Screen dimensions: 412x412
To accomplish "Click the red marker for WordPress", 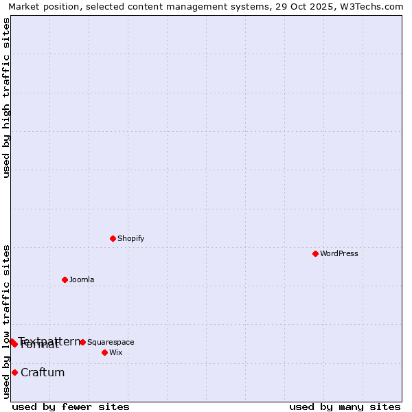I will (x=315, y=253).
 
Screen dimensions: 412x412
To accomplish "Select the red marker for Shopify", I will (x=113, y=238).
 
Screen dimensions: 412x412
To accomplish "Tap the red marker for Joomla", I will (x=65, y=279).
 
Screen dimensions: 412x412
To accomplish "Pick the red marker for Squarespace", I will (x=82, y=342).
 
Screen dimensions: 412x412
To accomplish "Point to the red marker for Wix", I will (x=104, y=352).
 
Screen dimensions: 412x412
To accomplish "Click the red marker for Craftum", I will (x=14, y=372).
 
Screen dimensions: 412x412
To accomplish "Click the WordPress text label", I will (x=339, y=253).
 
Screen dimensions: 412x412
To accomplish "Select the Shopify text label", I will (x=130, y=238).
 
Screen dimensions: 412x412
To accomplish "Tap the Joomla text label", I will (x=82, y=279).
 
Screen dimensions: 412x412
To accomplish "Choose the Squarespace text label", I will (x=111, y=342).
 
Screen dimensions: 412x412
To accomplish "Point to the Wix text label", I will (x=115, y=352).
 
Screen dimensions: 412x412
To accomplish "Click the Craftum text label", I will (x=43, y=372).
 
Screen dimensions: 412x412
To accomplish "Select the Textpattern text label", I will (x=49, y=341).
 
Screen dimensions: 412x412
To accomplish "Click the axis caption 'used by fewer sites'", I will (x=71, y=407).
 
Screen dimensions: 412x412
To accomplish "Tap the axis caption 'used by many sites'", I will (x=345, y=407).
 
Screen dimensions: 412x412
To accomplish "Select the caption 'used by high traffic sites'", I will (x=6, y=98).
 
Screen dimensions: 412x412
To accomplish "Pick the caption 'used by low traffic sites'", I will (x=6, y=321).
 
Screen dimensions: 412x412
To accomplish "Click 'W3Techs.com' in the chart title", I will (x=375, y=7).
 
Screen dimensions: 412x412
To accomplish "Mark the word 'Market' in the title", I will (x=25, y=7).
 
